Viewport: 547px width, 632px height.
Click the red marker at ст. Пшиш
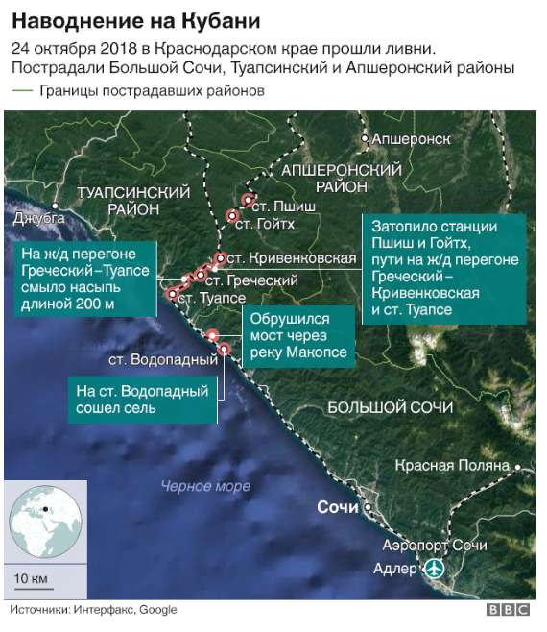pyautogui.click(x=248, y=202)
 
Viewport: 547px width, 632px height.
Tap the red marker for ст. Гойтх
pyautogui.click(x=231, y=215)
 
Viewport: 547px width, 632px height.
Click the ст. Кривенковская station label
pyautogui.click(x=279, y=258)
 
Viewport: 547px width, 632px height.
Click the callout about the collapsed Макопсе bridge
pyautogui.click(x=297, y=335)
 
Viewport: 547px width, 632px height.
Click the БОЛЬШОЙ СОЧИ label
pyautogui.click(x=390, y=407)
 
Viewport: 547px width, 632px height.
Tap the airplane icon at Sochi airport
pyautogui.click(x=435, y=569)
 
